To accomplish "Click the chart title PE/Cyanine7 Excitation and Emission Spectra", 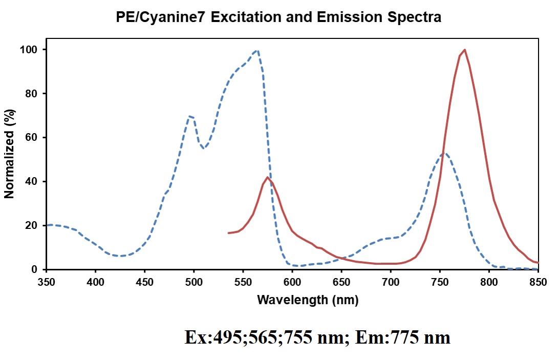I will point(279,17).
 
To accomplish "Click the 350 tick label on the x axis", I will point(46,282).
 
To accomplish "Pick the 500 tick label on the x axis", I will point(194,282).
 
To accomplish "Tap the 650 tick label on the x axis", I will point(341,282).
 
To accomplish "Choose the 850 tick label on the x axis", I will point(538,282).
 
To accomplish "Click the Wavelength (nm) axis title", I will point(308,300).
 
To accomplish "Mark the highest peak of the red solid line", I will point(464,50).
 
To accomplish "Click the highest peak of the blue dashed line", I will point(257,50).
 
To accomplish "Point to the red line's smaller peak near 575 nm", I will point(267,177).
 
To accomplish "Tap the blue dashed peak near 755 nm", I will point(445,153).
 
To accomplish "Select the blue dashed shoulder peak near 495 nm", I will point(190,116).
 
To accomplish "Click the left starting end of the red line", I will point(228,233).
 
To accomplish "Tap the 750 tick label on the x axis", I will point(440,282).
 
